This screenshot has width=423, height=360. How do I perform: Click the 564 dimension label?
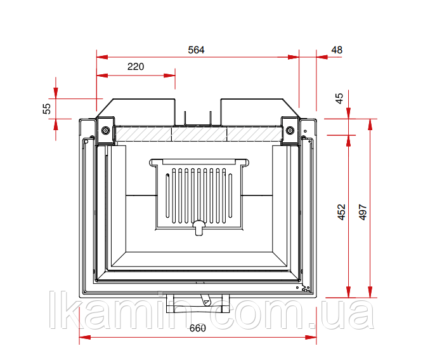coord(196,50)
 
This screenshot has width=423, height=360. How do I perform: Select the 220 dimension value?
coord(136,67)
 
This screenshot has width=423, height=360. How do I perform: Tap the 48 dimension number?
coord(337,50)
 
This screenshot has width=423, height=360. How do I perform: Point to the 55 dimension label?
coord(47,109)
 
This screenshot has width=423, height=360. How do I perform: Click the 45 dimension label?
coord(339,98)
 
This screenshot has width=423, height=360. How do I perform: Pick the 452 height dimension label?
coord(342,212)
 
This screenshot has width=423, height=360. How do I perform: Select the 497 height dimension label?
coord(363,212)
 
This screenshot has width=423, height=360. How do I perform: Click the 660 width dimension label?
coord(198,328)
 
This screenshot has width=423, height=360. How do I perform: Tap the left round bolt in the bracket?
coord(105,131)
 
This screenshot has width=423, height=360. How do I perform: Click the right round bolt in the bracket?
coord(290,131)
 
